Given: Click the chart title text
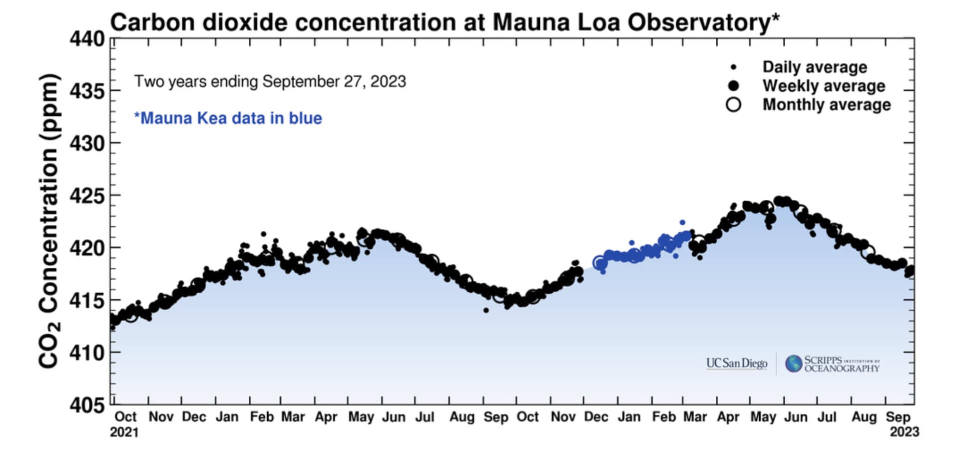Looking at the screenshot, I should click(444, 22).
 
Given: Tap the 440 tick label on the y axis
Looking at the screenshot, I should click(87, 39).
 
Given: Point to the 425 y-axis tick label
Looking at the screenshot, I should click(87, 196).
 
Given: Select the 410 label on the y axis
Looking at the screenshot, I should click(87, 353).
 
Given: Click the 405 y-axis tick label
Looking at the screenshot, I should click(87, 405).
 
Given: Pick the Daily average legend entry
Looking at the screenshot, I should click(814, 67).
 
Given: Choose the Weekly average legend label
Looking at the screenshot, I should click(823, 86).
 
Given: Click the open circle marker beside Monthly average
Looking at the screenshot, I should click(733, 104).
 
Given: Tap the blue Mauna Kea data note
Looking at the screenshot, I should click(228, 118).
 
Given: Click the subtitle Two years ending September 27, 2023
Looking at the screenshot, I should click(270, 81).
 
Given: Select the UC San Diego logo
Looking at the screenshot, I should click(736, 363).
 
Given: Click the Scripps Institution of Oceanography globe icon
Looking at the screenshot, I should click(793, 364).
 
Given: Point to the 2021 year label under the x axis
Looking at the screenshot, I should click(124, 432).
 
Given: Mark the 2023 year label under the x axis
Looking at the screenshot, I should click(904, 432).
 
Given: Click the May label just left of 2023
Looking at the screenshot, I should click(763, 417).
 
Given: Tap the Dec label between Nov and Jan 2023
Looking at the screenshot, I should click(596, 417).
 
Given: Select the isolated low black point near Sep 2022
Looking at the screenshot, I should click(486, 310).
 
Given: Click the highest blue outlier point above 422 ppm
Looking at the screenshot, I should click(682, 222).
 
